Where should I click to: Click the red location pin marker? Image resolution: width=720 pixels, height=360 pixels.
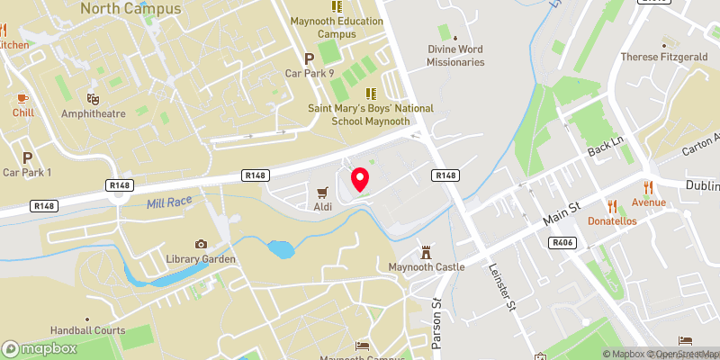[360, 179]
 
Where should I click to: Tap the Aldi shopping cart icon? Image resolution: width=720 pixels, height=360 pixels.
[323, 192]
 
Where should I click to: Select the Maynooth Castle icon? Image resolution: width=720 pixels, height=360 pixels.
[426, 252]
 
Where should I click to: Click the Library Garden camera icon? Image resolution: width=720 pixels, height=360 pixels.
[201, 244]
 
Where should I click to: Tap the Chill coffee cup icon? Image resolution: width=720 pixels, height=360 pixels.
[23, 97]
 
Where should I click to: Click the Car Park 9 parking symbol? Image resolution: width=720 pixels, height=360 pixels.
[309, 57]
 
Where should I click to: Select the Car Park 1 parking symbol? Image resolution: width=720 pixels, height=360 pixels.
[27, 157]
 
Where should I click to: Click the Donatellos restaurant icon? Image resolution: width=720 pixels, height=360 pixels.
[612, 204]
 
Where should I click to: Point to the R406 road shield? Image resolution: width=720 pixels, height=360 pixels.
[563, 242]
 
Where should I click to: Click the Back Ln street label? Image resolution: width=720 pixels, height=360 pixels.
[605, 144]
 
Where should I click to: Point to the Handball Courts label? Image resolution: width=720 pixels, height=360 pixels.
[87, 330]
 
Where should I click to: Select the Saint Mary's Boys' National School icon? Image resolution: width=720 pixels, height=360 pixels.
[369, 93]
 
